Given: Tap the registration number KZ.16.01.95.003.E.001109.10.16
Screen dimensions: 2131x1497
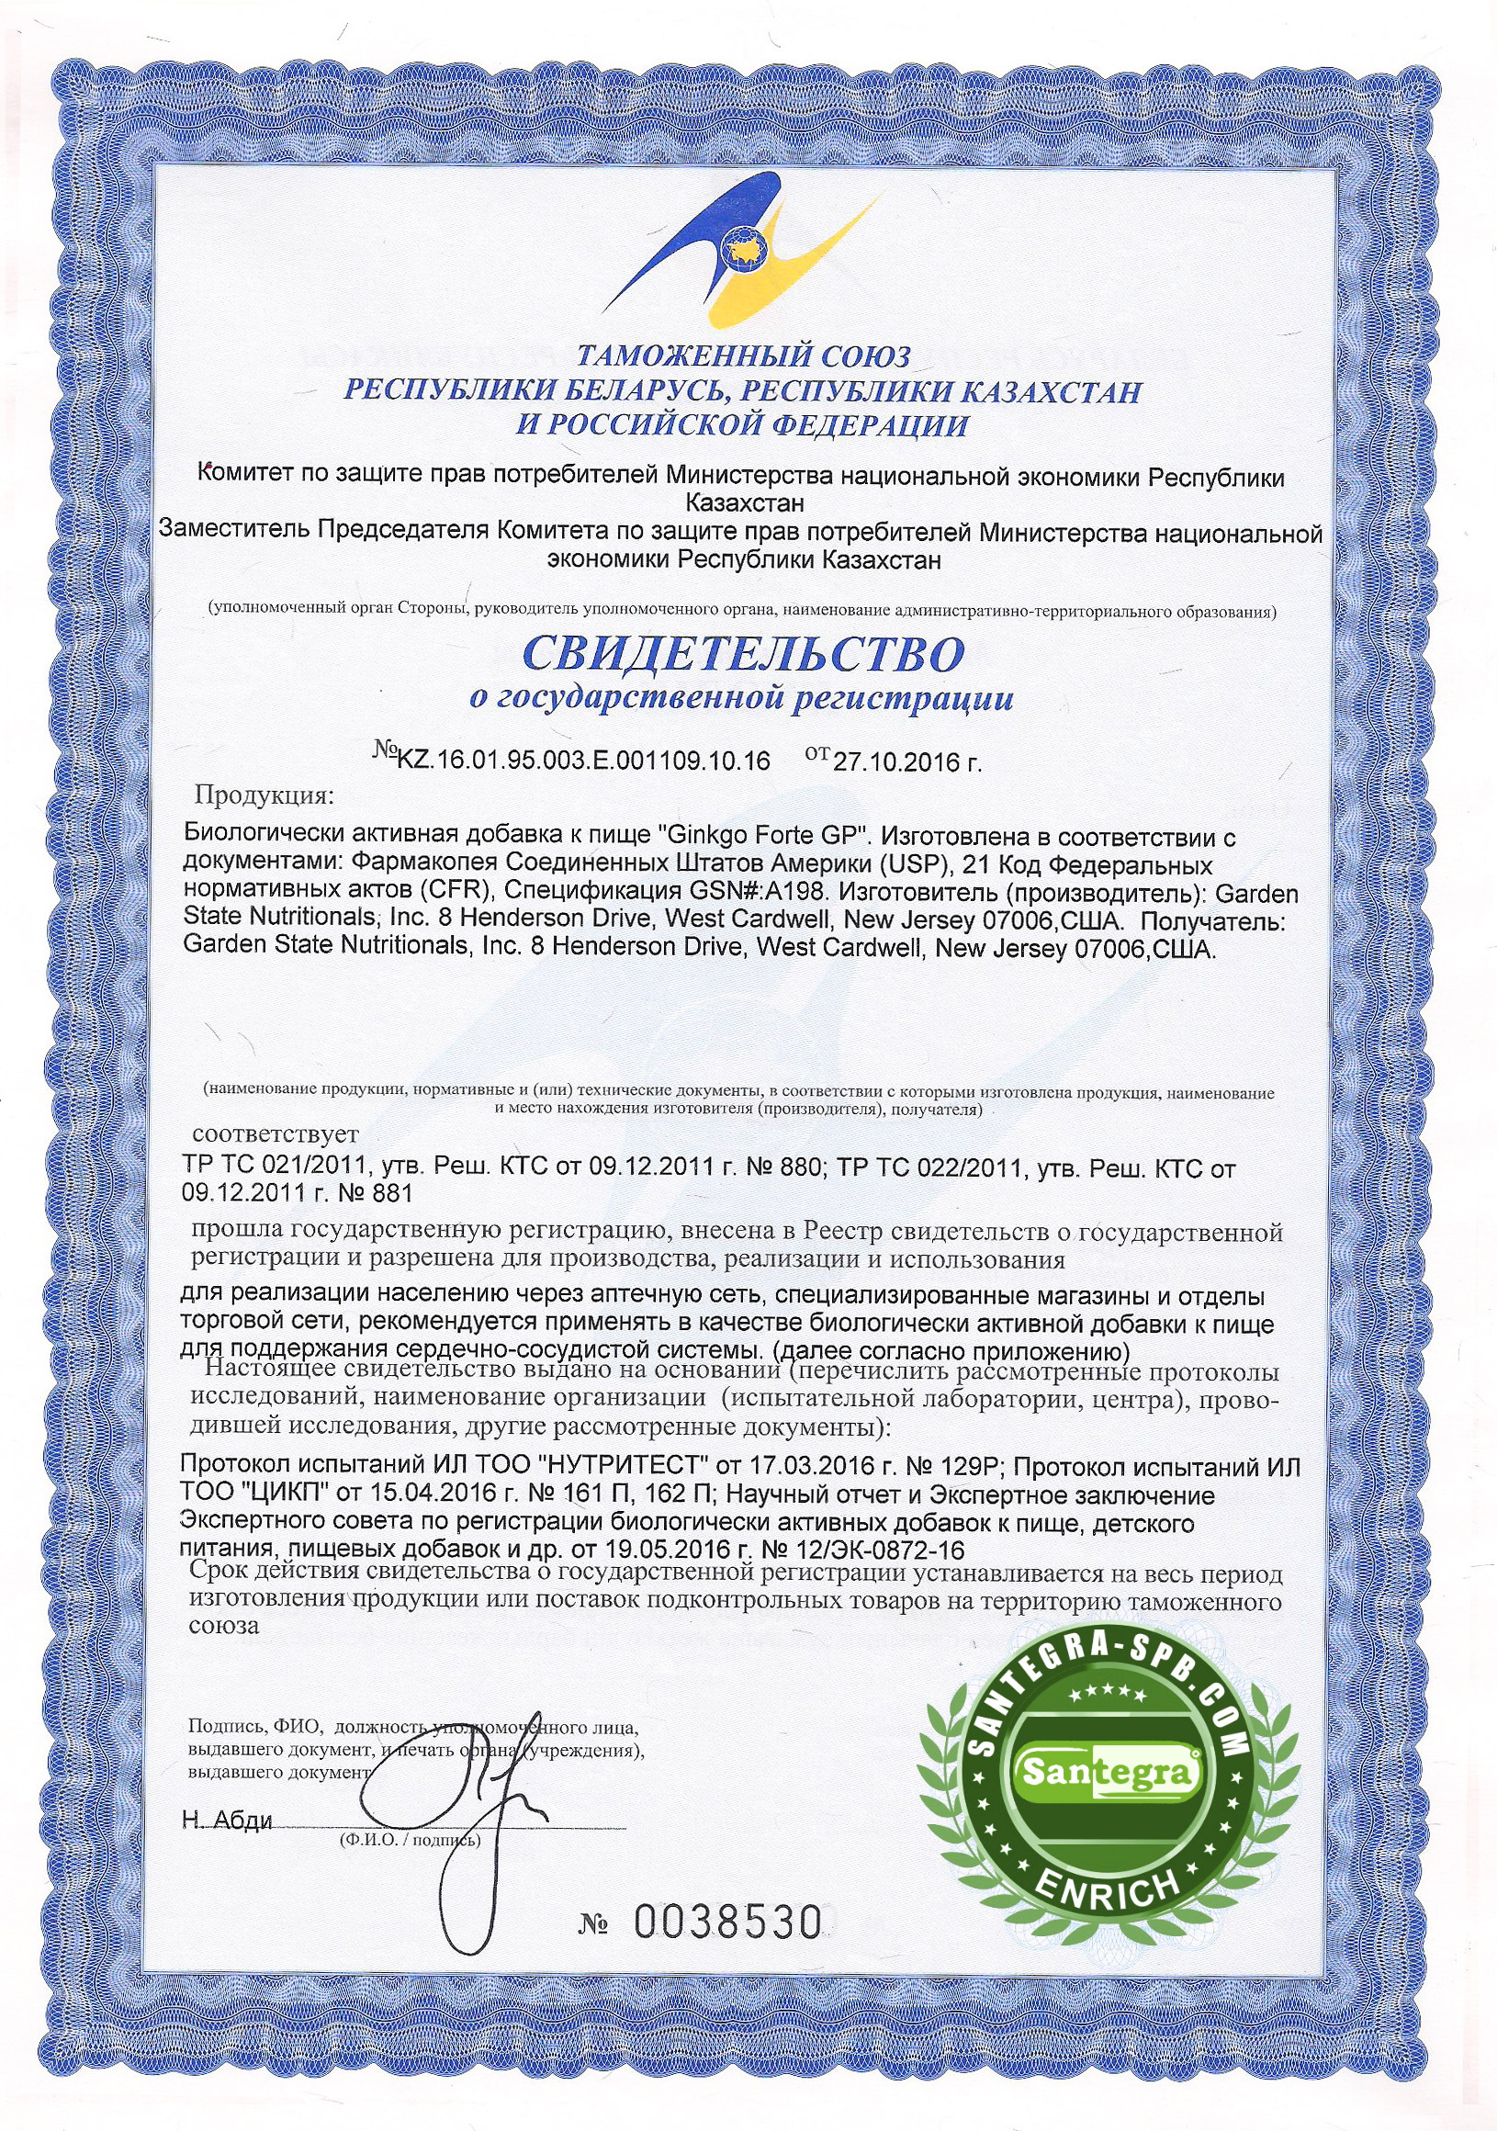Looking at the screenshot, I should pos(583,761).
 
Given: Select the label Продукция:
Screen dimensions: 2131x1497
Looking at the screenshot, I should pos(262,795).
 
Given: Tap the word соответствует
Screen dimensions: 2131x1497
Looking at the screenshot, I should pos(275,1134).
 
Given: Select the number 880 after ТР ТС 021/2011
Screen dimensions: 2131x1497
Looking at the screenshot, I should pos(794,1168).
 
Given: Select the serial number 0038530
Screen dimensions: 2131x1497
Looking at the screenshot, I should pos(728,1922).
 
